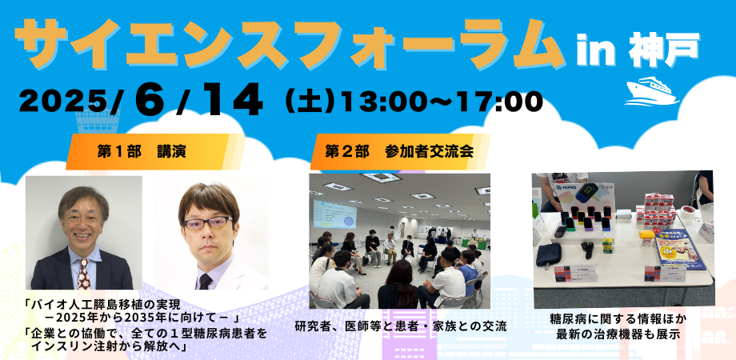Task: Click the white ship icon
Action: [651, 91]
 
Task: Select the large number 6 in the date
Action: [150, 98]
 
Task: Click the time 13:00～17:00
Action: [442, 101]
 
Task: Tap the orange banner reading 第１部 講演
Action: [155, 152]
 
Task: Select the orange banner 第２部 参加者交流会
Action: [400, 152]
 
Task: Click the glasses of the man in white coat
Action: [207, 222]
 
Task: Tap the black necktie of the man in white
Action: [205, 282]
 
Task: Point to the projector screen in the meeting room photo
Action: [334, 214]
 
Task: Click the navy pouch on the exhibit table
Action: [548, 254]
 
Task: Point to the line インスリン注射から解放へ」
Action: [110, 347]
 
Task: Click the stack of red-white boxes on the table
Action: [656, 210]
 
